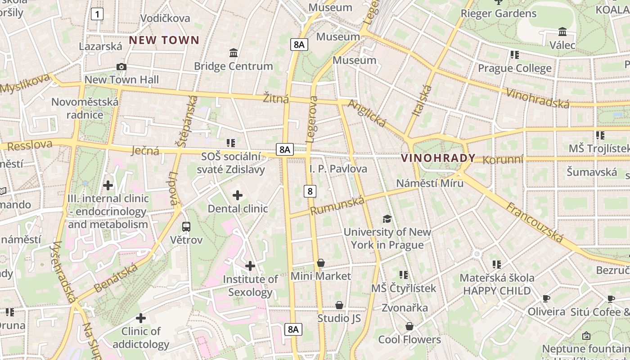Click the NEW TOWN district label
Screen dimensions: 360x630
pos(164,40)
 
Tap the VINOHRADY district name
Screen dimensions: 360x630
pos(438,158)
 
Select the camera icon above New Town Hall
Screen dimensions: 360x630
pos(121,67)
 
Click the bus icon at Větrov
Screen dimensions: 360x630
pos(186,226)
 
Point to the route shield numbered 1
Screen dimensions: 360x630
pos(97,14)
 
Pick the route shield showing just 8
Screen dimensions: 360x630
pos(310,191)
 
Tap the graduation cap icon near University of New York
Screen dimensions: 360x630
pos(387,219)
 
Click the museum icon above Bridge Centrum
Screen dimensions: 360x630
pos(234,53)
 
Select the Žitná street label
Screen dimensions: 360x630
pos(276,98)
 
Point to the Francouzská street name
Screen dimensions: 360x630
pos(535,223)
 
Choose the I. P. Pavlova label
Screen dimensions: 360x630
pos(338,169)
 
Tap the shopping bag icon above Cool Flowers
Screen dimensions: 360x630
pos(409,326)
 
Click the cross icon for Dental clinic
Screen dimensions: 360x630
pos(238,195)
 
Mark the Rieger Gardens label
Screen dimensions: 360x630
pos(498,13)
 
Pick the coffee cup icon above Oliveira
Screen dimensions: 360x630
pos(546,298)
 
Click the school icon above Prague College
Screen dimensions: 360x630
pos(514,55)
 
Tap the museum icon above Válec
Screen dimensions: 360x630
pos(562,32)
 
